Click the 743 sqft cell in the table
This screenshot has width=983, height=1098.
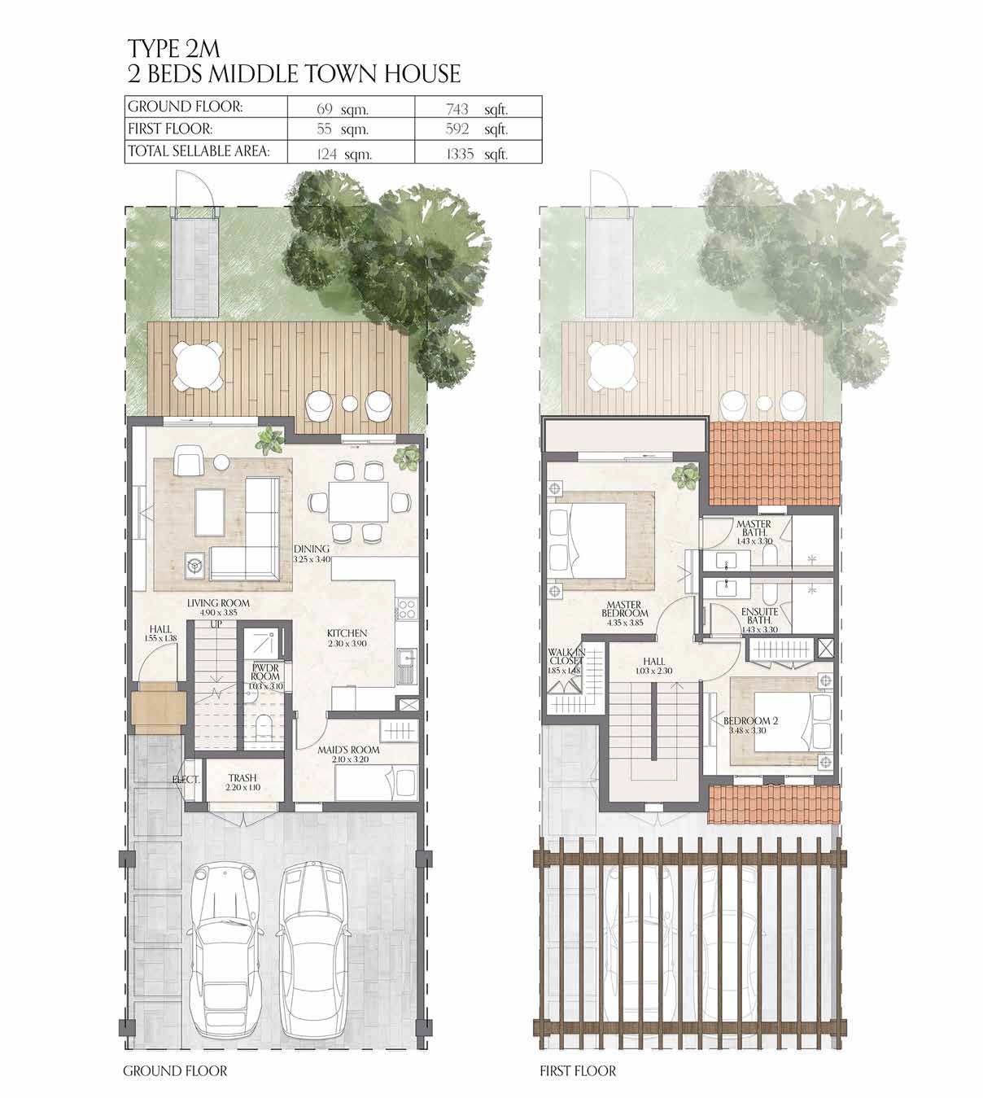(x=476, y=107)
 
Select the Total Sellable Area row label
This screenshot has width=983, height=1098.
(x=198, y=151)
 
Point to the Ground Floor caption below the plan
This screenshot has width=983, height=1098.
(x=175, y=1071)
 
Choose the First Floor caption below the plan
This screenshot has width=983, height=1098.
(x=578, y=1071)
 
